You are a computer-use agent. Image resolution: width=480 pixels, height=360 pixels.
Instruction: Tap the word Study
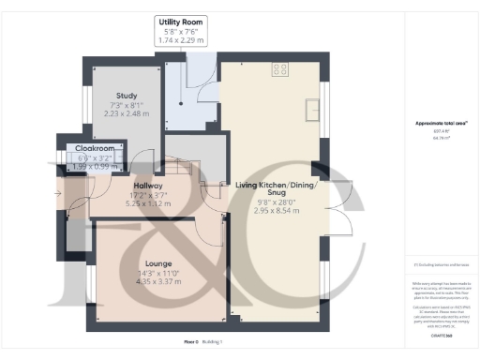tap(127, 96)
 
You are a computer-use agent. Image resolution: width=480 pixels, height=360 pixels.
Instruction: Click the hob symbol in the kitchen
tap(280, 68)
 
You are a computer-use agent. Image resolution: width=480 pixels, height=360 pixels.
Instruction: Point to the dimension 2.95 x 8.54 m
tap(277, 212)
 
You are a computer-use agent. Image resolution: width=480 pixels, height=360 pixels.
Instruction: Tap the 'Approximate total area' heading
tap(435, 123)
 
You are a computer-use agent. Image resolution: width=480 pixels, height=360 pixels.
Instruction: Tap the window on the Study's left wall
tap(84, 100)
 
